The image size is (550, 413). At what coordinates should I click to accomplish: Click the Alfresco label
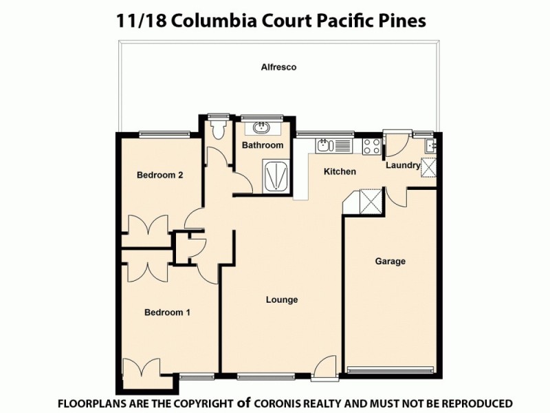coord(278,67)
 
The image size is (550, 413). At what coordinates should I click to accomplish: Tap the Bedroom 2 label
coord(159,175)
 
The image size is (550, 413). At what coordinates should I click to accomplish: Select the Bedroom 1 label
coord(167,313)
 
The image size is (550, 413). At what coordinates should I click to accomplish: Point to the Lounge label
coord(282,299)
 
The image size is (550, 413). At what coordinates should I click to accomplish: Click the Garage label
coord(390,261)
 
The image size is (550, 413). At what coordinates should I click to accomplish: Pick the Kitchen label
coord(340,171)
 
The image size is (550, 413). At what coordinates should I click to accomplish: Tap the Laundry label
coord(403,165)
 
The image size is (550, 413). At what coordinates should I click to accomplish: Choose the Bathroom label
coord(263,145)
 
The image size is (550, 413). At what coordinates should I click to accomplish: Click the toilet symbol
coord(219,129)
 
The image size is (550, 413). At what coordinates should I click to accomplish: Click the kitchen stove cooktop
coord(372,146)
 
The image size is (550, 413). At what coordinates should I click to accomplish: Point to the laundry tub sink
coord(429,145)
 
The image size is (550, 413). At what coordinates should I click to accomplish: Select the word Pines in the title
coord(402,21)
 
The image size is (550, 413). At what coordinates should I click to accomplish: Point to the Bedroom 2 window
coord(164,133)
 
